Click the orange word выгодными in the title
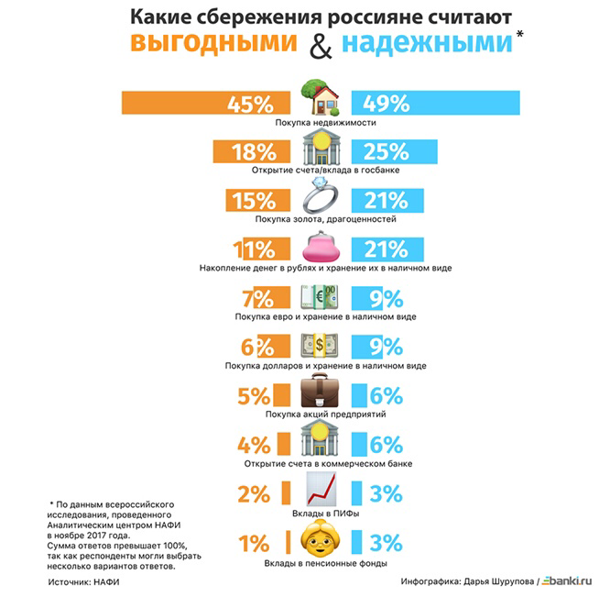212,44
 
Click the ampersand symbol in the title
321,46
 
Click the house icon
321,96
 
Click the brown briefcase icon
321,392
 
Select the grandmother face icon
321,541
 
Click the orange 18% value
254,151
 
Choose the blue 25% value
386,151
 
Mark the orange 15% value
254,200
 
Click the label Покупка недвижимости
320,122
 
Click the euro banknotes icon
321,295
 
